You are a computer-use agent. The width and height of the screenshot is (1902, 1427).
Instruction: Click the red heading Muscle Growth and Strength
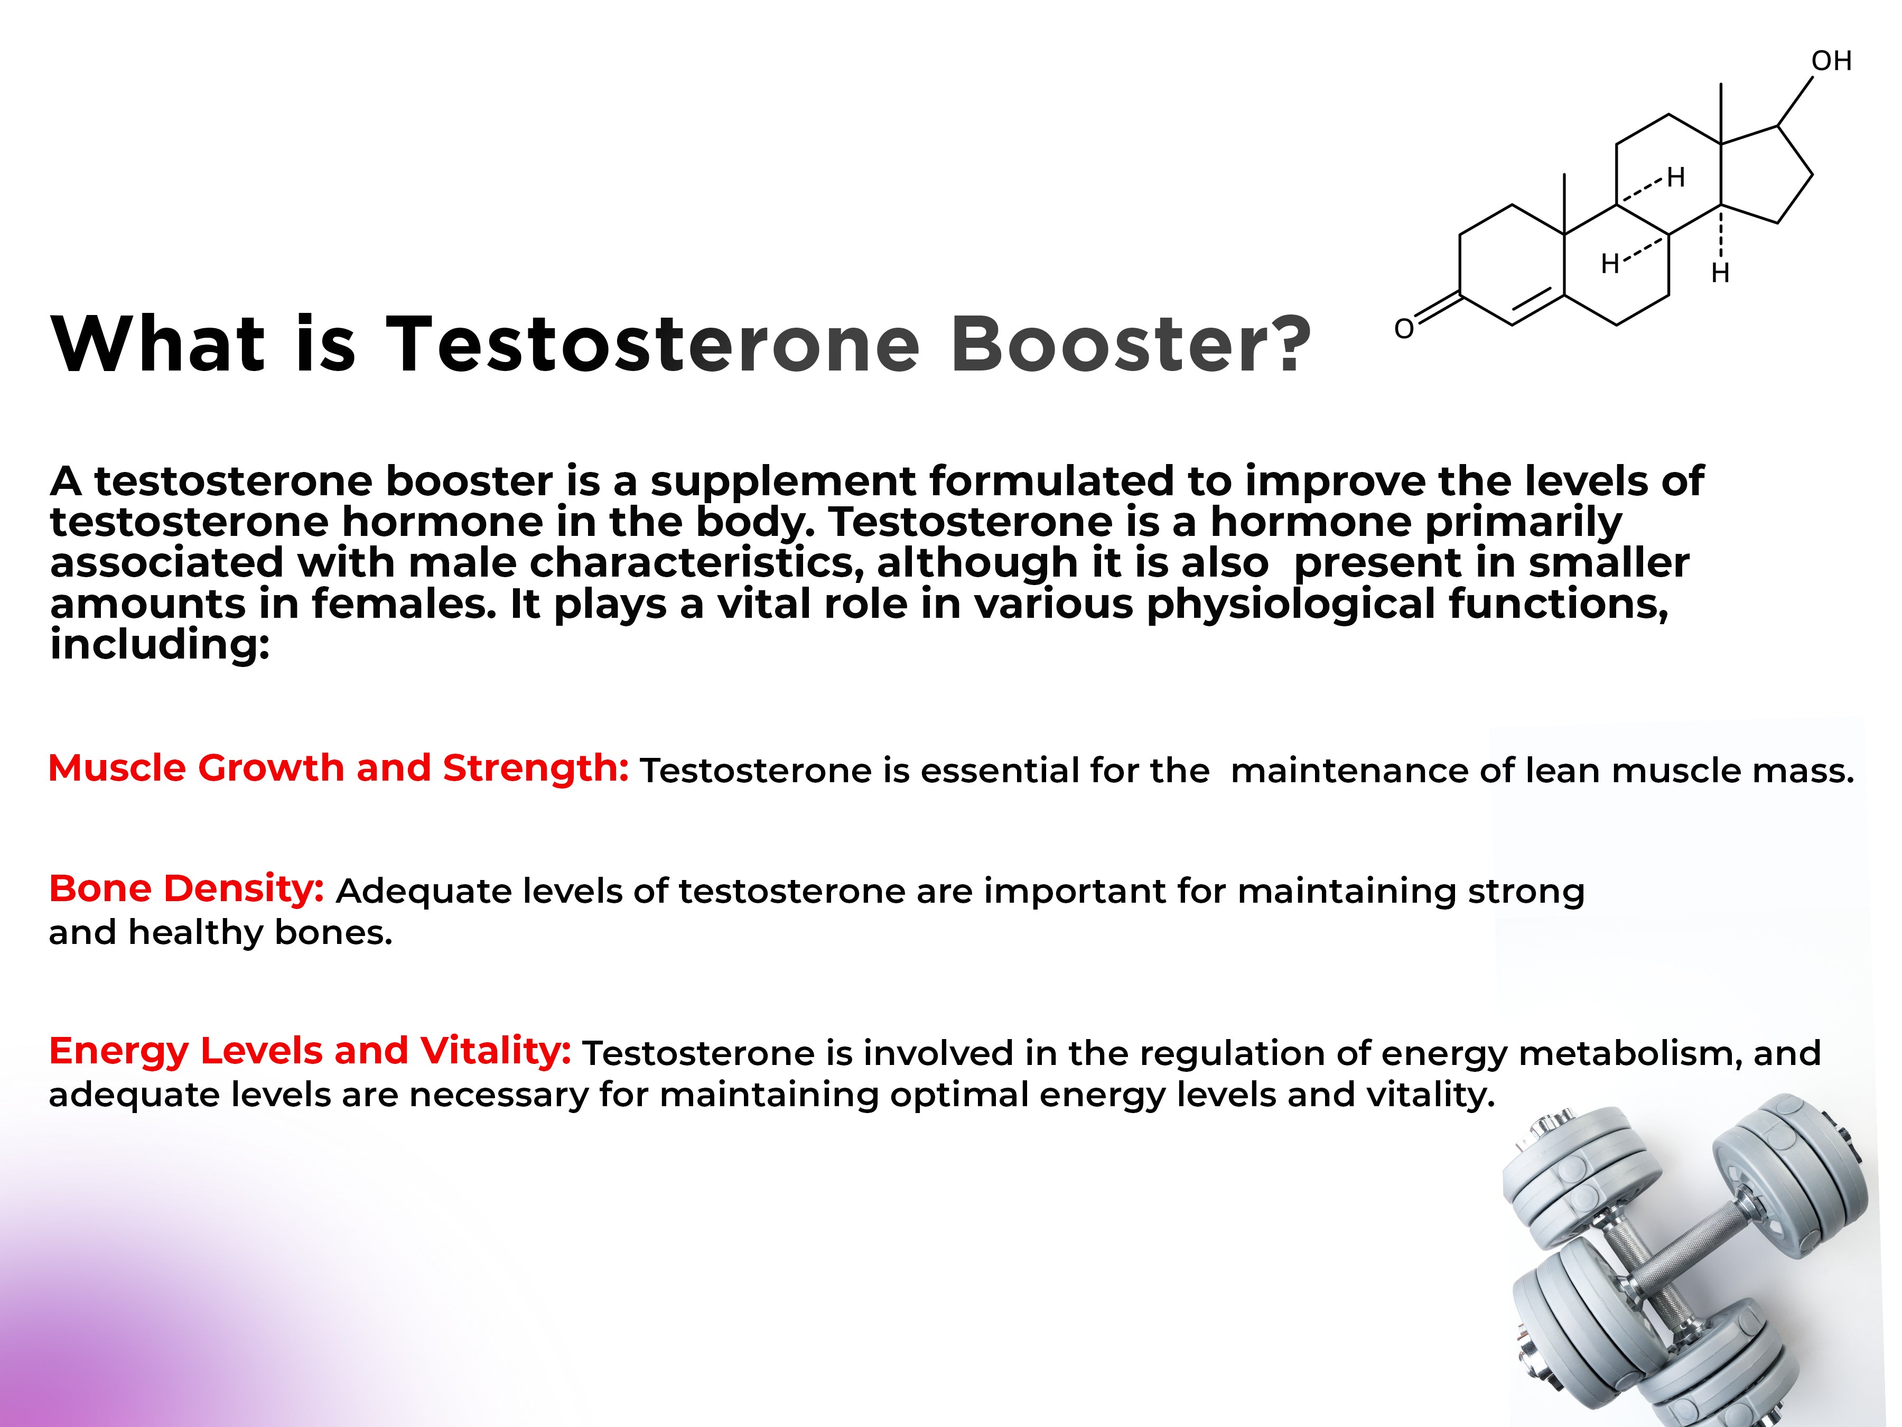pos(339,767)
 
